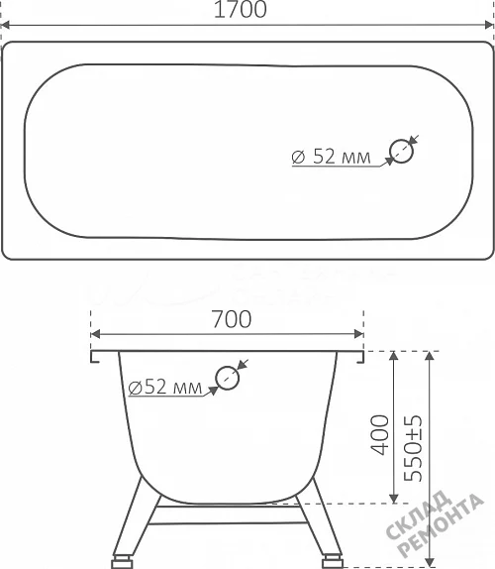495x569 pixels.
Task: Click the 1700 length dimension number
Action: click(x=241, y=9)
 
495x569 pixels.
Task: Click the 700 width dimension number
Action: click(x=232, y=319)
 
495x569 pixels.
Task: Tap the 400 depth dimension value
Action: click(x=380, y=435)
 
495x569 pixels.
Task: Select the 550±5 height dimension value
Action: click(x=413, y=448)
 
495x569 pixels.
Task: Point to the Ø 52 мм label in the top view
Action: click(x=331, y=157)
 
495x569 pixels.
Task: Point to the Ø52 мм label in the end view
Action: click(x=165, y=387)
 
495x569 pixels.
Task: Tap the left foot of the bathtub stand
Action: click(x=122, y=561)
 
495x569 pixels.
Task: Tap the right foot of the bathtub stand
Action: click(x=333, y=561)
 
